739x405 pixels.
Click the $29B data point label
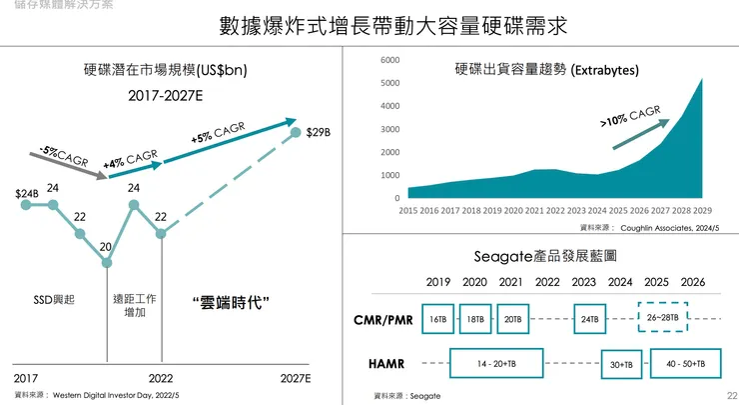pos(319,131)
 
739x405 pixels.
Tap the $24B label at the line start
pos(27,193)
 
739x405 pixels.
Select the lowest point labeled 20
pos(106,246)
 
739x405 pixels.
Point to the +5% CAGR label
pos(218,133)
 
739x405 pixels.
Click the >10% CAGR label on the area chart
pos(630,116)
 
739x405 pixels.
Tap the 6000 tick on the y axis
pos(390,61)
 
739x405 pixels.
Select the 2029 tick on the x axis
pos(701,211)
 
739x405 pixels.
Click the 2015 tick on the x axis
pos(408,211)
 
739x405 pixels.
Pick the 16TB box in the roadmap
pos(438,319)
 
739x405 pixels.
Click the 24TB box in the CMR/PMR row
pos(589,319)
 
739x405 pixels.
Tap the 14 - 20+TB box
pos(496,363)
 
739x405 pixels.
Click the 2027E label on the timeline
pos(295,379)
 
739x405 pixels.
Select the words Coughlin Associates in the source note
pos(653,228)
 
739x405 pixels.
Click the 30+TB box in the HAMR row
pos(621,365)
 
